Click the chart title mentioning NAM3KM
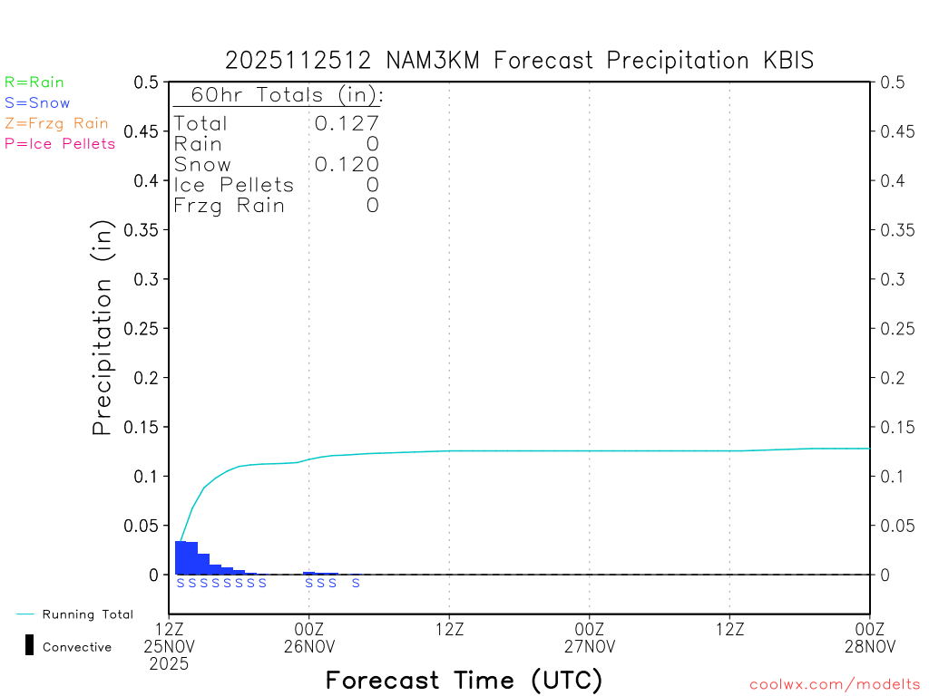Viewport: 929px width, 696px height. pos(519,61)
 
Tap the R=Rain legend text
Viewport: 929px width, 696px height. pos(34,82)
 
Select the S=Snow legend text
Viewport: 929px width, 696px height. pos(37,103)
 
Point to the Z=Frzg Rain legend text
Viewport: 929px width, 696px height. pos(56,123)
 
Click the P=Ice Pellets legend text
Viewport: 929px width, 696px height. pos(60,143)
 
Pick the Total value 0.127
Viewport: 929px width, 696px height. pos(347,123)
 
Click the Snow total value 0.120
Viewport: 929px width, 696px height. pos(347,164)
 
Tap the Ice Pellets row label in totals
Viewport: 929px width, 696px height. pos(234,185)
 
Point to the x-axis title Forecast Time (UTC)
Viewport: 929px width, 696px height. pos(464,680)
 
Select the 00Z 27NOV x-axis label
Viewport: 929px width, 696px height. pos(590,636)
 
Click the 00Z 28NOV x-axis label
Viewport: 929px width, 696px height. pos(870,636)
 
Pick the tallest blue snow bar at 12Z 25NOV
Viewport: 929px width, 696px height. pos(181,557)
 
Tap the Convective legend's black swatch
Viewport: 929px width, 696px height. pos(29,645)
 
